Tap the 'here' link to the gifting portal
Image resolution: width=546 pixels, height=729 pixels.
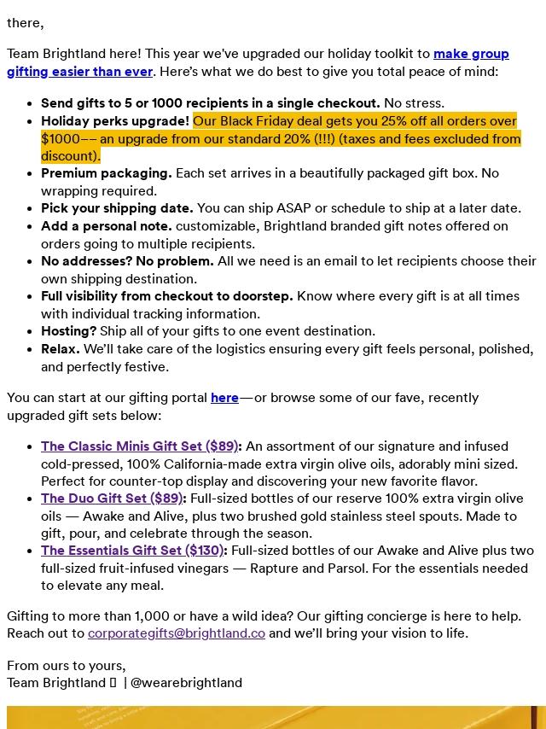click(224, 398)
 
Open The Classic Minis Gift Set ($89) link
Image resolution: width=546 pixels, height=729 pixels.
click(139, 446)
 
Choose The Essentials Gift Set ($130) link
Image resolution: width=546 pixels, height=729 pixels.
click(132, 551)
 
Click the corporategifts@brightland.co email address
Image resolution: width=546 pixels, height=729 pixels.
click(177, 633)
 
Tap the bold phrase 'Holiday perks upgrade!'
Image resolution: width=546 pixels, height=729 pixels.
click(115, 121)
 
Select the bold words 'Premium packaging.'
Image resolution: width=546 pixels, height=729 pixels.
click(107, 173)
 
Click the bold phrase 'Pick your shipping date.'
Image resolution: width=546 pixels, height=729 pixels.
click(117, 208)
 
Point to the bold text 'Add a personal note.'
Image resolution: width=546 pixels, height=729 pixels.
click(107, 226)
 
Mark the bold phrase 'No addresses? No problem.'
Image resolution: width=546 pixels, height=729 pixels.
click(127, 261)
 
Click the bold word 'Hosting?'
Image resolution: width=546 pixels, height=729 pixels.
click(68, 331)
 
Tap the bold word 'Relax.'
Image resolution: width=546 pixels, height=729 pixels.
click(60, 349)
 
